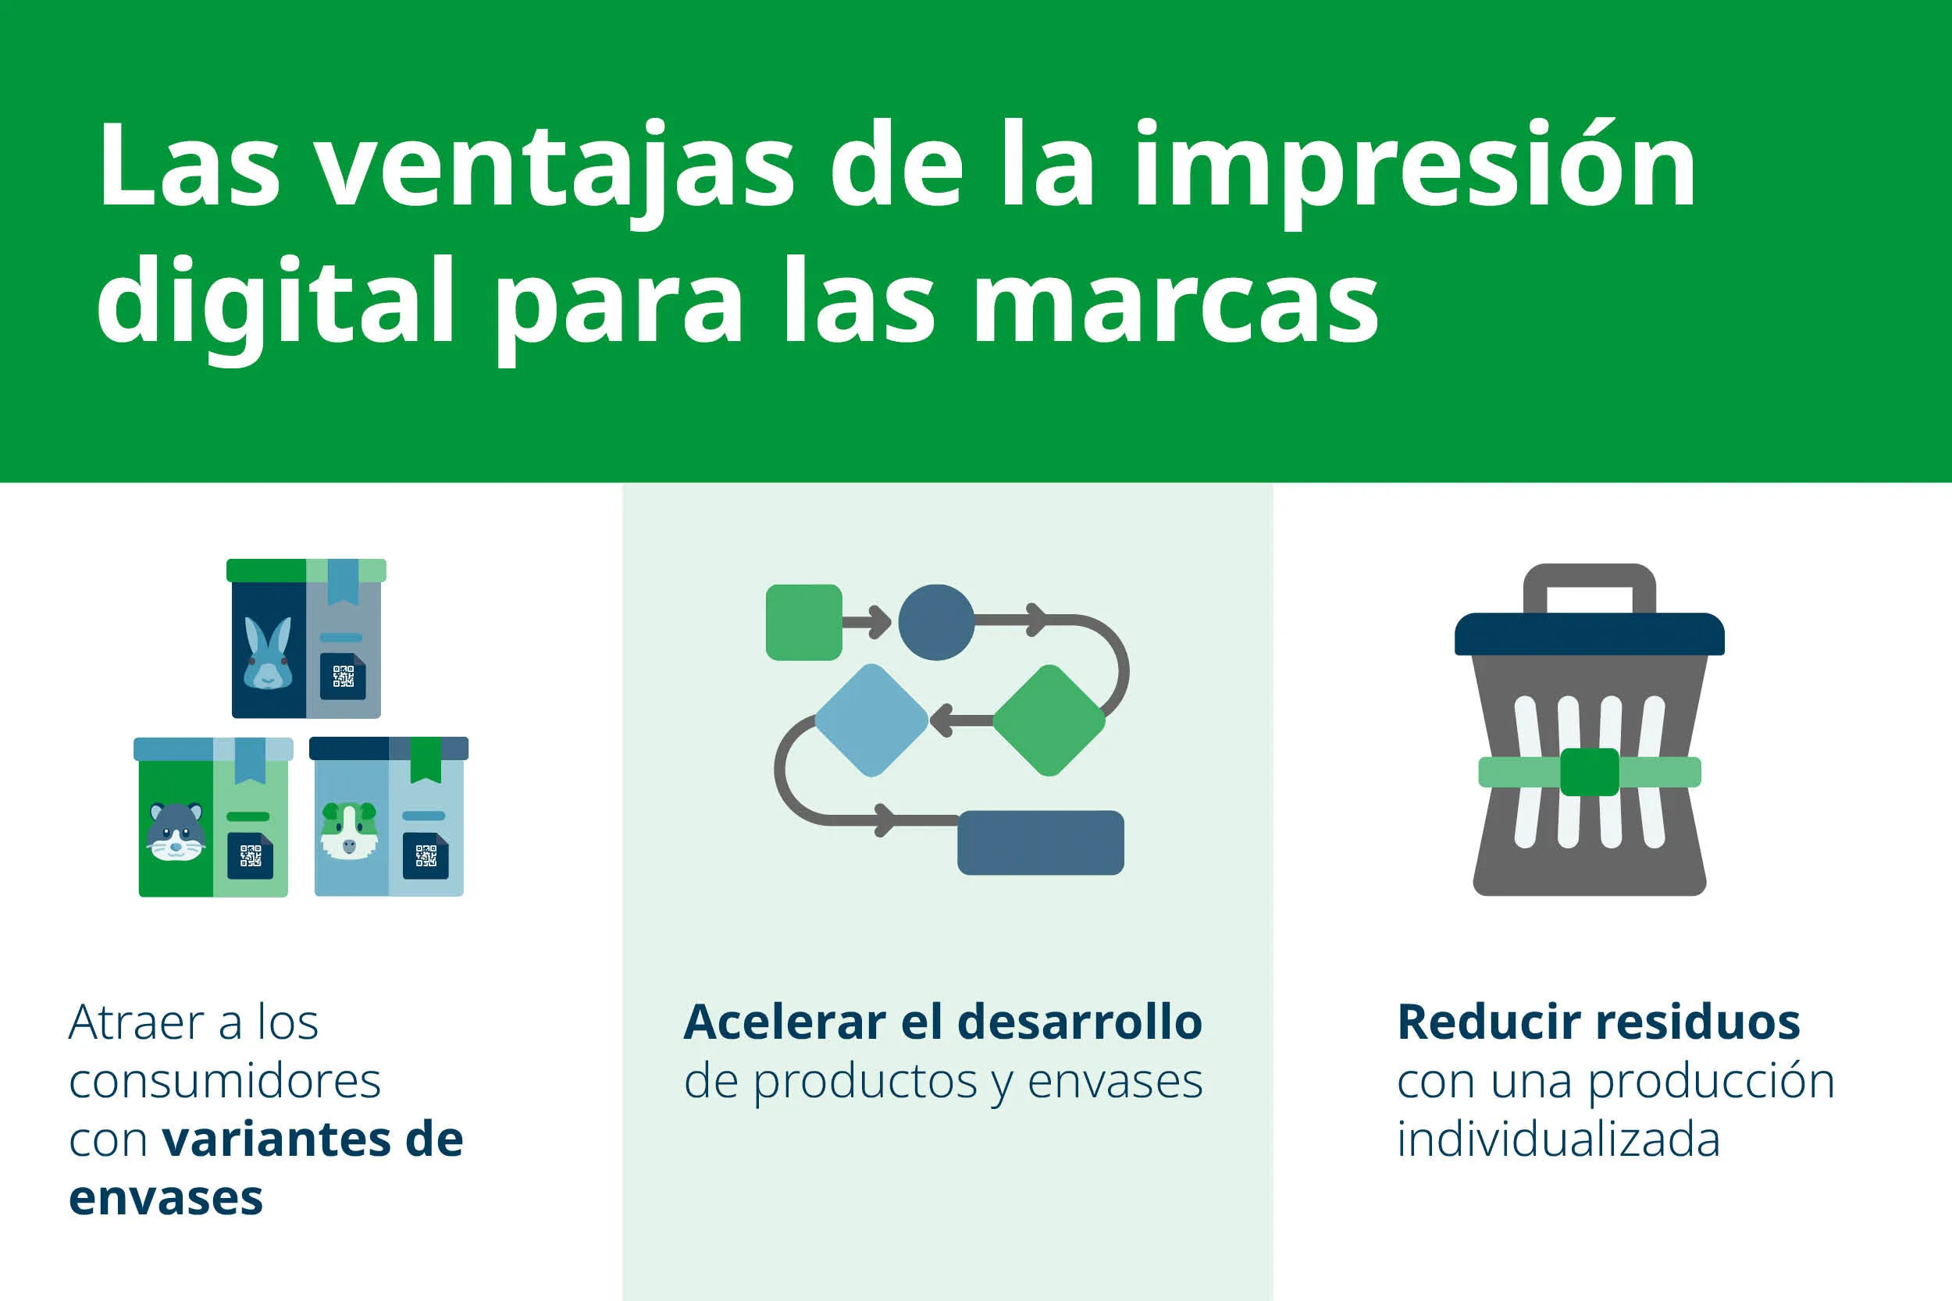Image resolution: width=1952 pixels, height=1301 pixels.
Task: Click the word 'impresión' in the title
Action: coord(1415,166)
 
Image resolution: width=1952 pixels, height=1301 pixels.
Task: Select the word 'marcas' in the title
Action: coord(1175,303)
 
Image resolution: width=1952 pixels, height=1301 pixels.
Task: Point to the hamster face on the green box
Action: coord(176,831)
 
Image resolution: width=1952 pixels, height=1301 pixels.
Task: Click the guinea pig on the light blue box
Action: coord(349,830)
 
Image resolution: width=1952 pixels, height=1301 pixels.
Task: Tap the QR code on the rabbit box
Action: coord(343,676)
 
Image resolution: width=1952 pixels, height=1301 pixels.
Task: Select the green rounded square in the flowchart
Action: coord(803,622)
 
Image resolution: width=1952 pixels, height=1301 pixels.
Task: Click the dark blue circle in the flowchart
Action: coord(936,622)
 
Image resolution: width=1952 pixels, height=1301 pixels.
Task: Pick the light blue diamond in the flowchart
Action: coord(871,720)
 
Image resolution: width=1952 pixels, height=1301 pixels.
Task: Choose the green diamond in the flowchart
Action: coord(1049,720)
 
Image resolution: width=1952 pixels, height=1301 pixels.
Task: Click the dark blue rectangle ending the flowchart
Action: coord(1041,843)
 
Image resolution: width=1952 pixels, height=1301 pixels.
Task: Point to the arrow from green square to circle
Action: coord(867,621)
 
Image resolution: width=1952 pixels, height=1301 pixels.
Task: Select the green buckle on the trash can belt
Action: coord(1590,772)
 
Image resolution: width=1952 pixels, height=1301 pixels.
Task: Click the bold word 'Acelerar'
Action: coord(784,1022)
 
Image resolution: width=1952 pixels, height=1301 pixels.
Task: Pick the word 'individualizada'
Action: coord(1558,1140)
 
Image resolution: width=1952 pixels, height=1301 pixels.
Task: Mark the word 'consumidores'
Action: coord(225,1081)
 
